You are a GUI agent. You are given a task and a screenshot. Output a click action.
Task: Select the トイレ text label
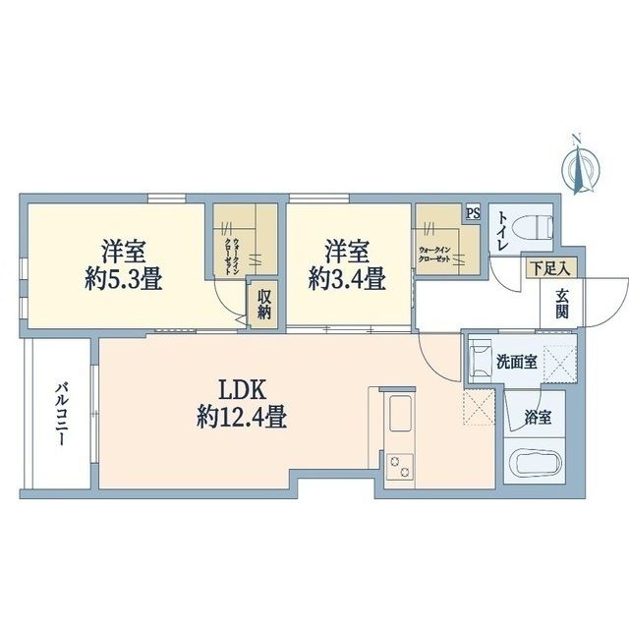(x=501, y=232)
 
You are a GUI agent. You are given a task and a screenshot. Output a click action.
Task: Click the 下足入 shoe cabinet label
(x=549, y=267)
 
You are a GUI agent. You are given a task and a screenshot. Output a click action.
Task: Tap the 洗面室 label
(x=516, y=361)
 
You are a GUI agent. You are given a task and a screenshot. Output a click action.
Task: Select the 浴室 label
(x=537, y=417)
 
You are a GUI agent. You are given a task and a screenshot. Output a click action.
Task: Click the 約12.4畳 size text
(x=241, y=419)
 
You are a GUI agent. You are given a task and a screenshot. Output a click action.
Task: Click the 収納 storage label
(x=266, y=304)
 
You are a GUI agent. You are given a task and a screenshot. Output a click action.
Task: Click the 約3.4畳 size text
(x=346, y=278)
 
